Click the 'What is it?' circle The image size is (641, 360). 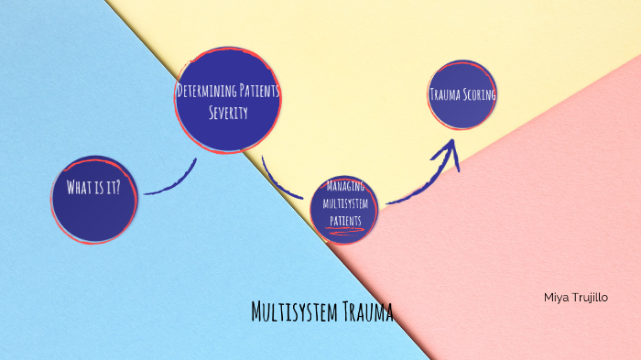coord(93,199)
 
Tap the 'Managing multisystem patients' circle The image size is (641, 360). coord(343,207)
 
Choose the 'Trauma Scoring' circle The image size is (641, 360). coord(462,93)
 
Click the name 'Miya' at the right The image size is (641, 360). coord(556,298)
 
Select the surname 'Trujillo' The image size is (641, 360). coord(592,298)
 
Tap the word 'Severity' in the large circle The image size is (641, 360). coord(227,113)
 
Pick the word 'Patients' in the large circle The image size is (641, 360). coord(257,92)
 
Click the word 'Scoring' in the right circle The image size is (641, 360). coord(478,93)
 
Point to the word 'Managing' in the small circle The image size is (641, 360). coord(343,187)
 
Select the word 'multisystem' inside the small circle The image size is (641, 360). coord(343,202)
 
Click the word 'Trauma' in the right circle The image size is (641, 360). coord(445,93)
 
